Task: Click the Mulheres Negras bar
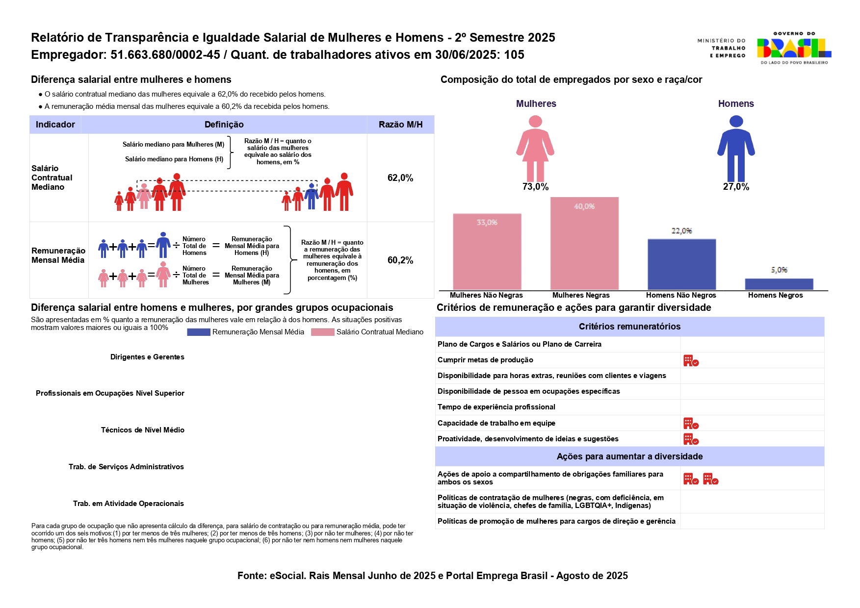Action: tap(584, 244)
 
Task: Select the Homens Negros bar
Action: tap(779, 284)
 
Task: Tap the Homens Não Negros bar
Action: tap(681, 265)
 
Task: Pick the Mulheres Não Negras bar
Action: tap(487, 252)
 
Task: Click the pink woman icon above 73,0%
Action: tap(535, 149)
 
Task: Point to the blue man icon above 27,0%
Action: tap(736, 149)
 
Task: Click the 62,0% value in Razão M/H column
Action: tap(400, 178)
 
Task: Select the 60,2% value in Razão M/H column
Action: tap(400, 260)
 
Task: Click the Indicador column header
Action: tap(55, 125)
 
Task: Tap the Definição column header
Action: tap(224, 125)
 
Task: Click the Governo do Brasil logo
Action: tap(794, 48)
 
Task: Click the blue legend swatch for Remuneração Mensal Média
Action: tap(199, 332)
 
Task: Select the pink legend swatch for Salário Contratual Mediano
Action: tap(322, 332)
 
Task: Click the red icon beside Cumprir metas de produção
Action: tap(691, 361)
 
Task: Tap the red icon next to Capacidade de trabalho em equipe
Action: tap(691, 424)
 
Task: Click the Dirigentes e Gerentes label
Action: tap(147, 357)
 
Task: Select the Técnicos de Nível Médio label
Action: tap(143, 430)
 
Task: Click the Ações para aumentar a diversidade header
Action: tap(629, 456)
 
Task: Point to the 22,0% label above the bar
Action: tap(681, 231)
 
